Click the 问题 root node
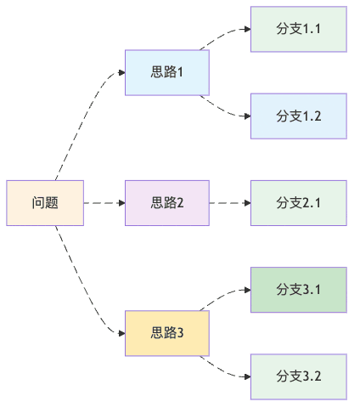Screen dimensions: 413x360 pos(45,203)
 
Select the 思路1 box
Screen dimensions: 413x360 pos(167,72)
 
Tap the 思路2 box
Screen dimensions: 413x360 pos(167,203)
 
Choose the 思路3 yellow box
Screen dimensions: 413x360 pos(167,333)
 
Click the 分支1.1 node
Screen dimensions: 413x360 pos(299,29)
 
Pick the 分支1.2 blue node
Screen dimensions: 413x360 pos(299,116)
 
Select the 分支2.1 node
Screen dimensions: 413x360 pos(299,203)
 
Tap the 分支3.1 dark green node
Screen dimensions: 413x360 pos(299,290)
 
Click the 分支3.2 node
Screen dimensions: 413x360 pos(299,376)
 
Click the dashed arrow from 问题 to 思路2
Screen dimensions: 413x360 pos(104,203)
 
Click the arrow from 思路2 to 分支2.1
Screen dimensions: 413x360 pos(229,203)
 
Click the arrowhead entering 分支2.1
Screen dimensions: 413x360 pos(246,203)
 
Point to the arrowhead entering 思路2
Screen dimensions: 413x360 pos(121,203)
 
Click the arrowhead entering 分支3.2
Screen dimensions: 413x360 pos(246,376)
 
